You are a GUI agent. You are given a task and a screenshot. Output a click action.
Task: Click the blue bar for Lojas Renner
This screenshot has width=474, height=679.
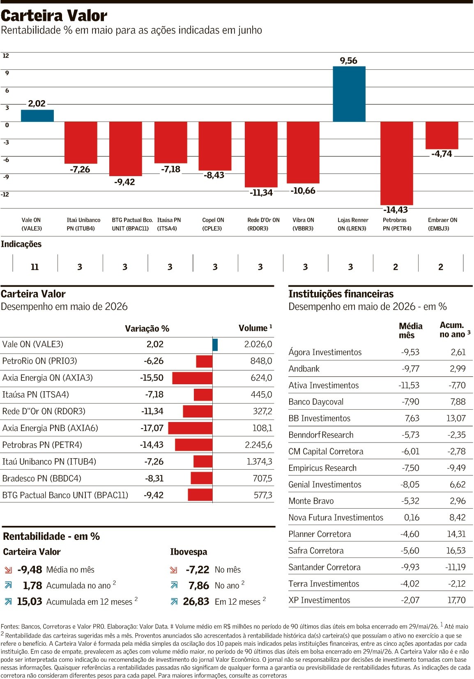[349, 94]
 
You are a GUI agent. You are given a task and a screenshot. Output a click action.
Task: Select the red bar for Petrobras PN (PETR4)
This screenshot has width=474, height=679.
[397, 163]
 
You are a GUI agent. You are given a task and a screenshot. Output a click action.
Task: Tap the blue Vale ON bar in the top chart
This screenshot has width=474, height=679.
[37, 116]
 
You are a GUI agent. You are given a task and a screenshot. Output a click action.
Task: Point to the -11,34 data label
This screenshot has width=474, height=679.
[261, 193]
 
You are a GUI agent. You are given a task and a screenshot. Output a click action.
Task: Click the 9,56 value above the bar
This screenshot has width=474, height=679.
[348, 61]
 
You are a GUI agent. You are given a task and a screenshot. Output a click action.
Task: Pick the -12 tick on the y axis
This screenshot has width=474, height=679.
[5, 194]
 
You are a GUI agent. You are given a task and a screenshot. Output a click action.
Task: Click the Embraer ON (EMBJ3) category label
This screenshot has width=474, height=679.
[442, 224]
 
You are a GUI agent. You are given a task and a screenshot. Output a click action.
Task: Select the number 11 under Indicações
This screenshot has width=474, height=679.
[35, 267]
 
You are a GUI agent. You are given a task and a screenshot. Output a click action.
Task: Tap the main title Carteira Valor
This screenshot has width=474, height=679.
[54, 16]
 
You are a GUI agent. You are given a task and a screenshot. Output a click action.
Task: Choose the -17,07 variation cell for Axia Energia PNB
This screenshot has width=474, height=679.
[152, 428]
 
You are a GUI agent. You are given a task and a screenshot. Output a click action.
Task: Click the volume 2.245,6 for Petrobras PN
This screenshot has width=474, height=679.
[258, 445]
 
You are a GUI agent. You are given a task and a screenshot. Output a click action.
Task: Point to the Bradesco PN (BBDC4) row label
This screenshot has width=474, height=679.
[42, 478]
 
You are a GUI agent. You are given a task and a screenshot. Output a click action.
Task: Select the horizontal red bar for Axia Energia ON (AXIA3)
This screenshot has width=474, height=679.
[192, 378]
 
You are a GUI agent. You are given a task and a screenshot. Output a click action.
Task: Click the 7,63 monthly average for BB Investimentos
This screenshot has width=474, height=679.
[412, 418]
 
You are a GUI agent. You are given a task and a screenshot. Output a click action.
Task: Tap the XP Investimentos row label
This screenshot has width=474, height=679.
[319, 600]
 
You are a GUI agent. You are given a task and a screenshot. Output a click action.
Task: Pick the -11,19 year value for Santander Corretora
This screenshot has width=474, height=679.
[456, 567]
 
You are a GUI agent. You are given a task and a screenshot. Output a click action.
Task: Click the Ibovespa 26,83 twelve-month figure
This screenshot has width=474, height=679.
[196, 601]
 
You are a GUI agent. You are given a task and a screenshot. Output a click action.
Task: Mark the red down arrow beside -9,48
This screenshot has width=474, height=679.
[8, 570]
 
